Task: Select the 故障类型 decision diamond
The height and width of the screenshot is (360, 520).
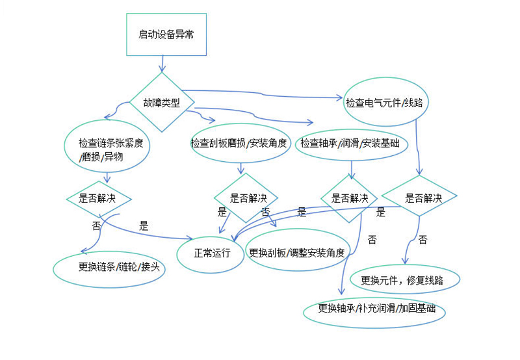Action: (161, 102)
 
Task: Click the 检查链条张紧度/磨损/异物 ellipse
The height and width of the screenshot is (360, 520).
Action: (107, 149)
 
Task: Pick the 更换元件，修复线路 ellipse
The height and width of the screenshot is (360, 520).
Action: (406, 280)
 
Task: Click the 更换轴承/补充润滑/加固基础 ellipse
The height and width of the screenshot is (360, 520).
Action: (374, 313)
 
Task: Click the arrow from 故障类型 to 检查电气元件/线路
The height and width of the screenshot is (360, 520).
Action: (260, 95)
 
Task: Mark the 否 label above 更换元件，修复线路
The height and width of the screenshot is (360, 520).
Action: (422, 240)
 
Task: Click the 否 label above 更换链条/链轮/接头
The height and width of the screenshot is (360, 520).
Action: (95, 225)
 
